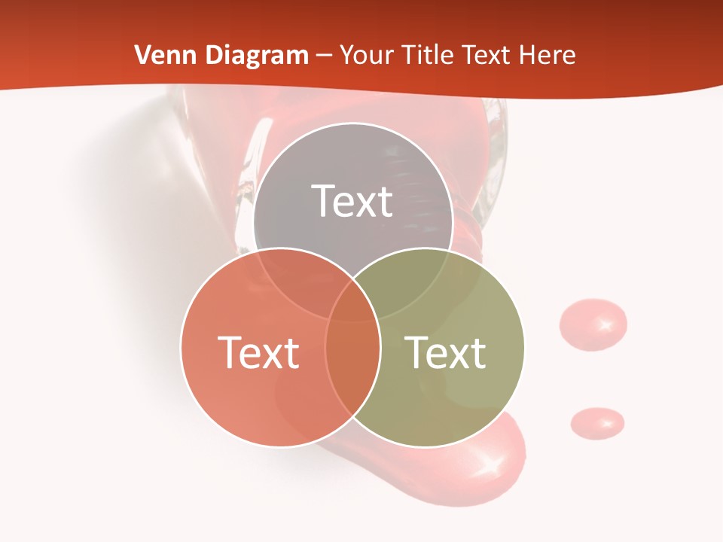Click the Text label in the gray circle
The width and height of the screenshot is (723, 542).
352,201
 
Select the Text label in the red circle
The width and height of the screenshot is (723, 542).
258,352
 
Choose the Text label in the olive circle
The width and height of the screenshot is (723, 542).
446,352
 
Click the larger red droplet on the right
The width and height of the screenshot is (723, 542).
593,324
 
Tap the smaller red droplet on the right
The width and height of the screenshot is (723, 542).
597,422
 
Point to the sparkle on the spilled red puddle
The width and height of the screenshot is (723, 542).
490,464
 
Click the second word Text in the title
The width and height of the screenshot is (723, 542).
487,55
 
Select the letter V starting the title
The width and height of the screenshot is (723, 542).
142,55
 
